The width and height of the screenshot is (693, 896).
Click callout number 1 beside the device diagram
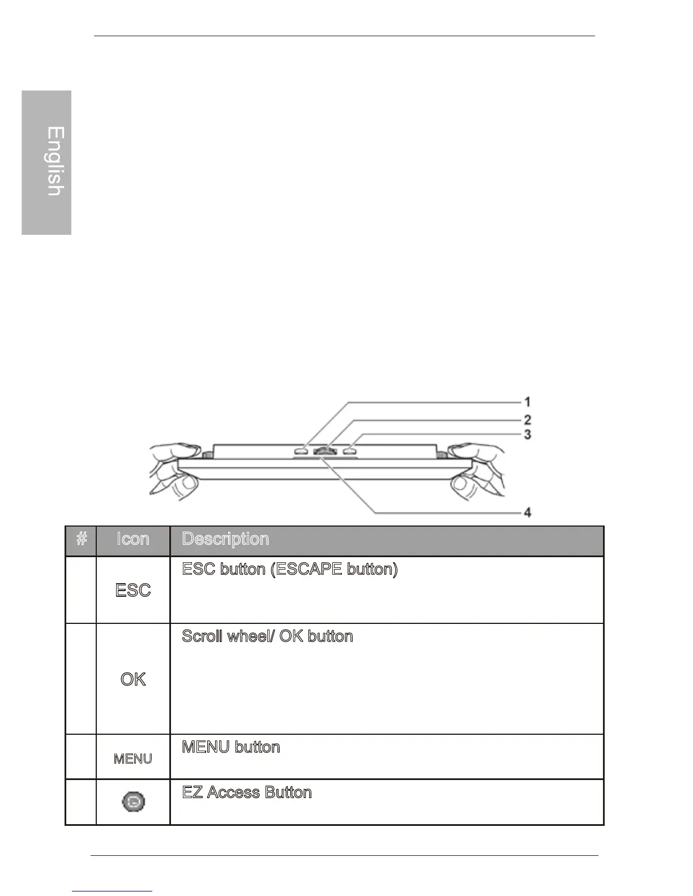[x=527, y=402]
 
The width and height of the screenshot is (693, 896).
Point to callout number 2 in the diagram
[x=527, y=420]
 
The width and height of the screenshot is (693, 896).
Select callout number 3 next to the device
[x=527, y=434]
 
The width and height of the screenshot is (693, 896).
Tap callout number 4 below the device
[x=527, y=513]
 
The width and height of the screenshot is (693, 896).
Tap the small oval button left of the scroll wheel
[x=301, y=451]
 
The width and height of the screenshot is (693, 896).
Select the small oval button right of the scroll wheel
[x=349, y=451]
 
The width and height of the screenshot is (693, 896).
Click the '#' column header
[x=82, y=540]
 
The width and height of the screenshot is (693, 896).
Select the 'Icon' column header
[x=133, y=540]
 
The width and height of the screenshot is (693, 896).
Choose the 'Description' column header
[x=225, y=540]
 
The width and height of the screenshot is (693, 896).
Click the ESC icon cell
[x=133, y=591]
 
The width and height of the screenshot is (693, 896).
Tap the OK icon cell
[x=133, y=679]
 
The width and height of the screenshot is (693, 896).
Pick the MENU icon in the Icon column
[x=133, y=759]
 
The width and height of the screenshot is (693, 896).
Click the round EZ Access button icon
[x=134, y=802]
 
